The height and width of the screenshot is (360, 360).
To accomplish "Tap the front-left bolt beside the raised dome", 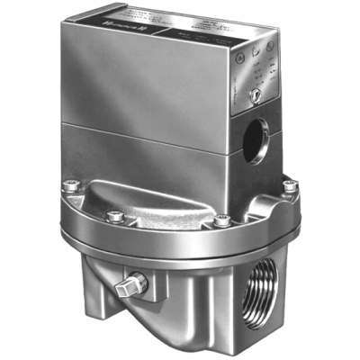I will pos(114,216).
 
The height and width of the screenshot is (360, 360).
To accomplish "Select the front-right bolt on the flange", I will pos(221,220).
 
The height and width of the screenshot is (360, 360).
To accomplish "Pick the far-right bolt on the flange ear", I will pos(289,186).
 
